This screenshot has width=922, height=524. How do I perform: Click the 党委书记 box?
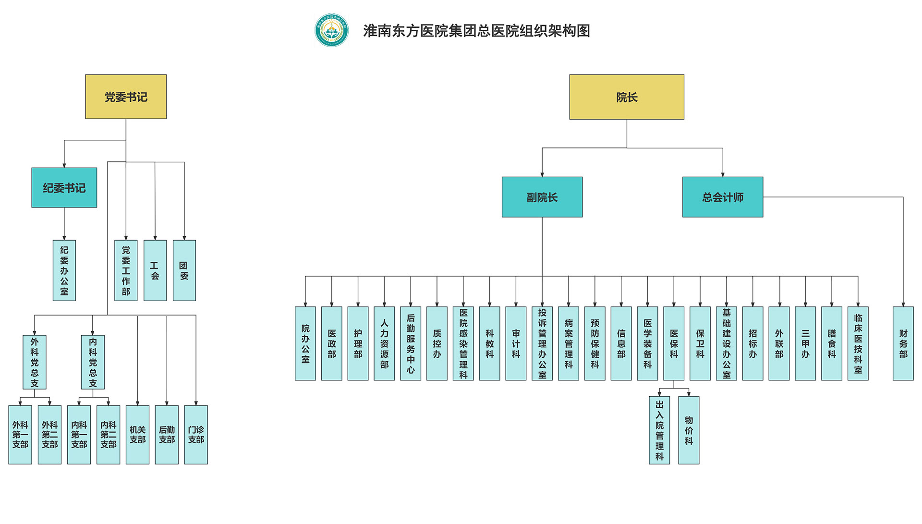pyautogui.click(x=126, y=97)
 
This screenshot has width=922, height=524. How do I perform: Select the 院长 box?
pyautogui.click(x=627, y=97)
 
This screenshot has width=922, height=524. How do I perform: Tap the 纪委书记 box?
pyautogui.click(x=64, y=188)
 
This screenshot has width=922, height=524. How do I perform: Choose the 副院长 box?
pyautogui.click(x=542, y=197)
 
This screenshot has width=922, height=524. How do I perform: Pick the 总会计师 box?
pyautogui.click(x=723, y=197)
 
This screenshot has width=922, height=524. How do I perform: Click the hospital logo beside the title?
pyautogui.click(x=331, y=30)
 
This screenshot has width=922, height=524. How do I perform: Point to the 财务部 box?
pyautogui.click(x=903, y=343)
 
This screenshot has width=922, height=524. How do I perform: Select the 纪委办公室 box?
pyautogui.click(x=64, y=270)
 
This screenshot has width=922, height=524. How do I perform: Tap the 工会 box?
pyautogui.click(x=155, y=270)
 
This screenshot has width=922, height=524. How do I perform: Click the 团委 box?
pyautogui.click(x=184, y=270)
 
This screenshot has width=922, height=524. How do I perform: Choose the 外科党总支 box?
pyautogui.click(x=35, y=362)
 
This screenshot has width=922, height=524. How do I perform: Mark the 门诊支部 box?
pyautogui.click(x=196, y=435)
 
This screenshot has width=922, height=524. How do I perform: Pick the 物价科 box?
pyautogui.click(x=689, y=430)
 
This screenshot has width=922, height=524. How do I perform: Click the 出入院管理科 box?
pyautogui.click(x=659, y=430)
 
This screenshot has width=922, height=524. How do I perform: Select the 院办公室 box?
pyautogui.click(x=305, y=343)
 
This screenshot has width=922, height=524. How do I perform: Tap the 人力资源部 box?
pyautogui.click(x=384, y=343)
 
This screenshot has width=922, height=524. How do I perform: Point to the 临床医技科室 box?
pyautogui.click(x=858, y=343)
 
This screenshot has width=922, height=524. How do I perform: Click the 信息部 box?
pyautogui.click(x=621, y=343)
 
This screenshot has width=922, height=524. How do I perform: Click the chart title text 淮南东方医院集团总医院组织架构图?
pyautogui.click(x=476, y=31)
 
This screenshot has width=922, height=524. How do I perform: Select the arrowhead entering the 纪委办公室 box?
pyautogui.click(x=64, y=238)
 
